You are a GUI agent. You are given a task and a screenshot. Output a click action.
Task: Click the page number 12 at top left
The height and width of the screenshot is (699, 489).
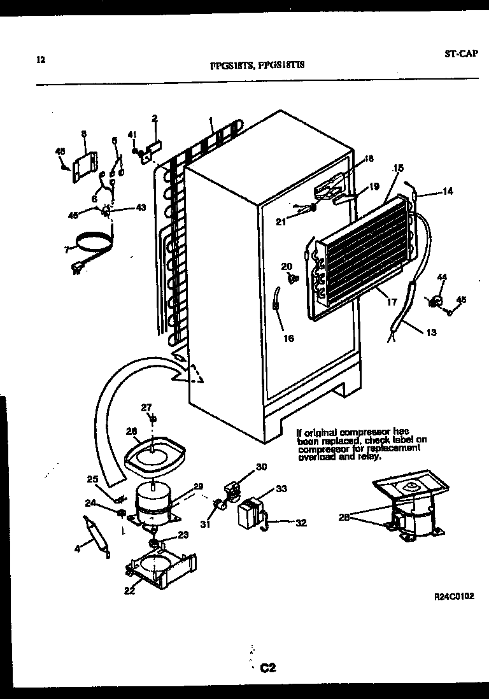(41, 60)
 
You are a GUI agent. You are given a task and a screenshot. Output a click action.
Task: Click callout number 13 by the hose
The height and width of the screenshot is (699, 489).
(431, 332)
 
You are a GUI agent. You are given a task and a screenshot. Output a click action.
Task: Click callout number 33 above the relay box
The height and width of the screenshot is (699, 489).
(281, 490)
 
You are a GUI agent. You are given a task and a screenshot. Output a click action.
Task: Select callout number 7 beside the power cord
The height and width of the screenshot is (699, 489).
(66, 250)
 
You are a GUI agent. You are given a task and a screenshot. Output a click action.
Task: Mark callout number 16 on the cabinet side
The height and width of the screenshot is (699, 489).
(289, 339)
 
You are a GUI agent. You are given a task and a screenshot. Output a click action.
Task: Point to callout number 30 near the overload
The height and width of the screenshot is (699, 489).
(261, 467)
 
